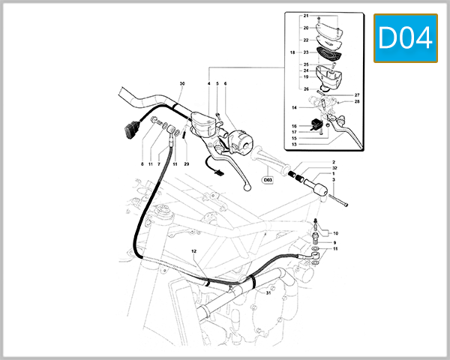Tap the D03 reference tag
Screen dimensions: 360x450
(x=268, y=180)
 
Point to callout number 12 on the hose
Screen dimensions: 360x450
(x=193, y=250)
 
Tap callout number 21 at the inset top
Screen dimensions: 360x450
(x=306, y=16)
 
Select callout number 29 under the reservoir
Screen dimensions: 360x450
(x=186, y=163)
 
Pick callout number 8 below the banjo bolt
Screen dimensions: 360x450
(x=141, y=163)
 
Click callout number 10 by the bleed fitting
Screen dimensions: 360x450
(x=335, y=233)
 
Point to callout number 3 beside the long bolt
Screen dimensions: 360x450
(x=333, y=181)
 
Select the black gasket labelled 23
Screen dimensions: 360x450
(x=327, y=53)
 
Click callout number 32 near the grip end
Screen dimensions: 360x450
(x=333, y=168)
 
